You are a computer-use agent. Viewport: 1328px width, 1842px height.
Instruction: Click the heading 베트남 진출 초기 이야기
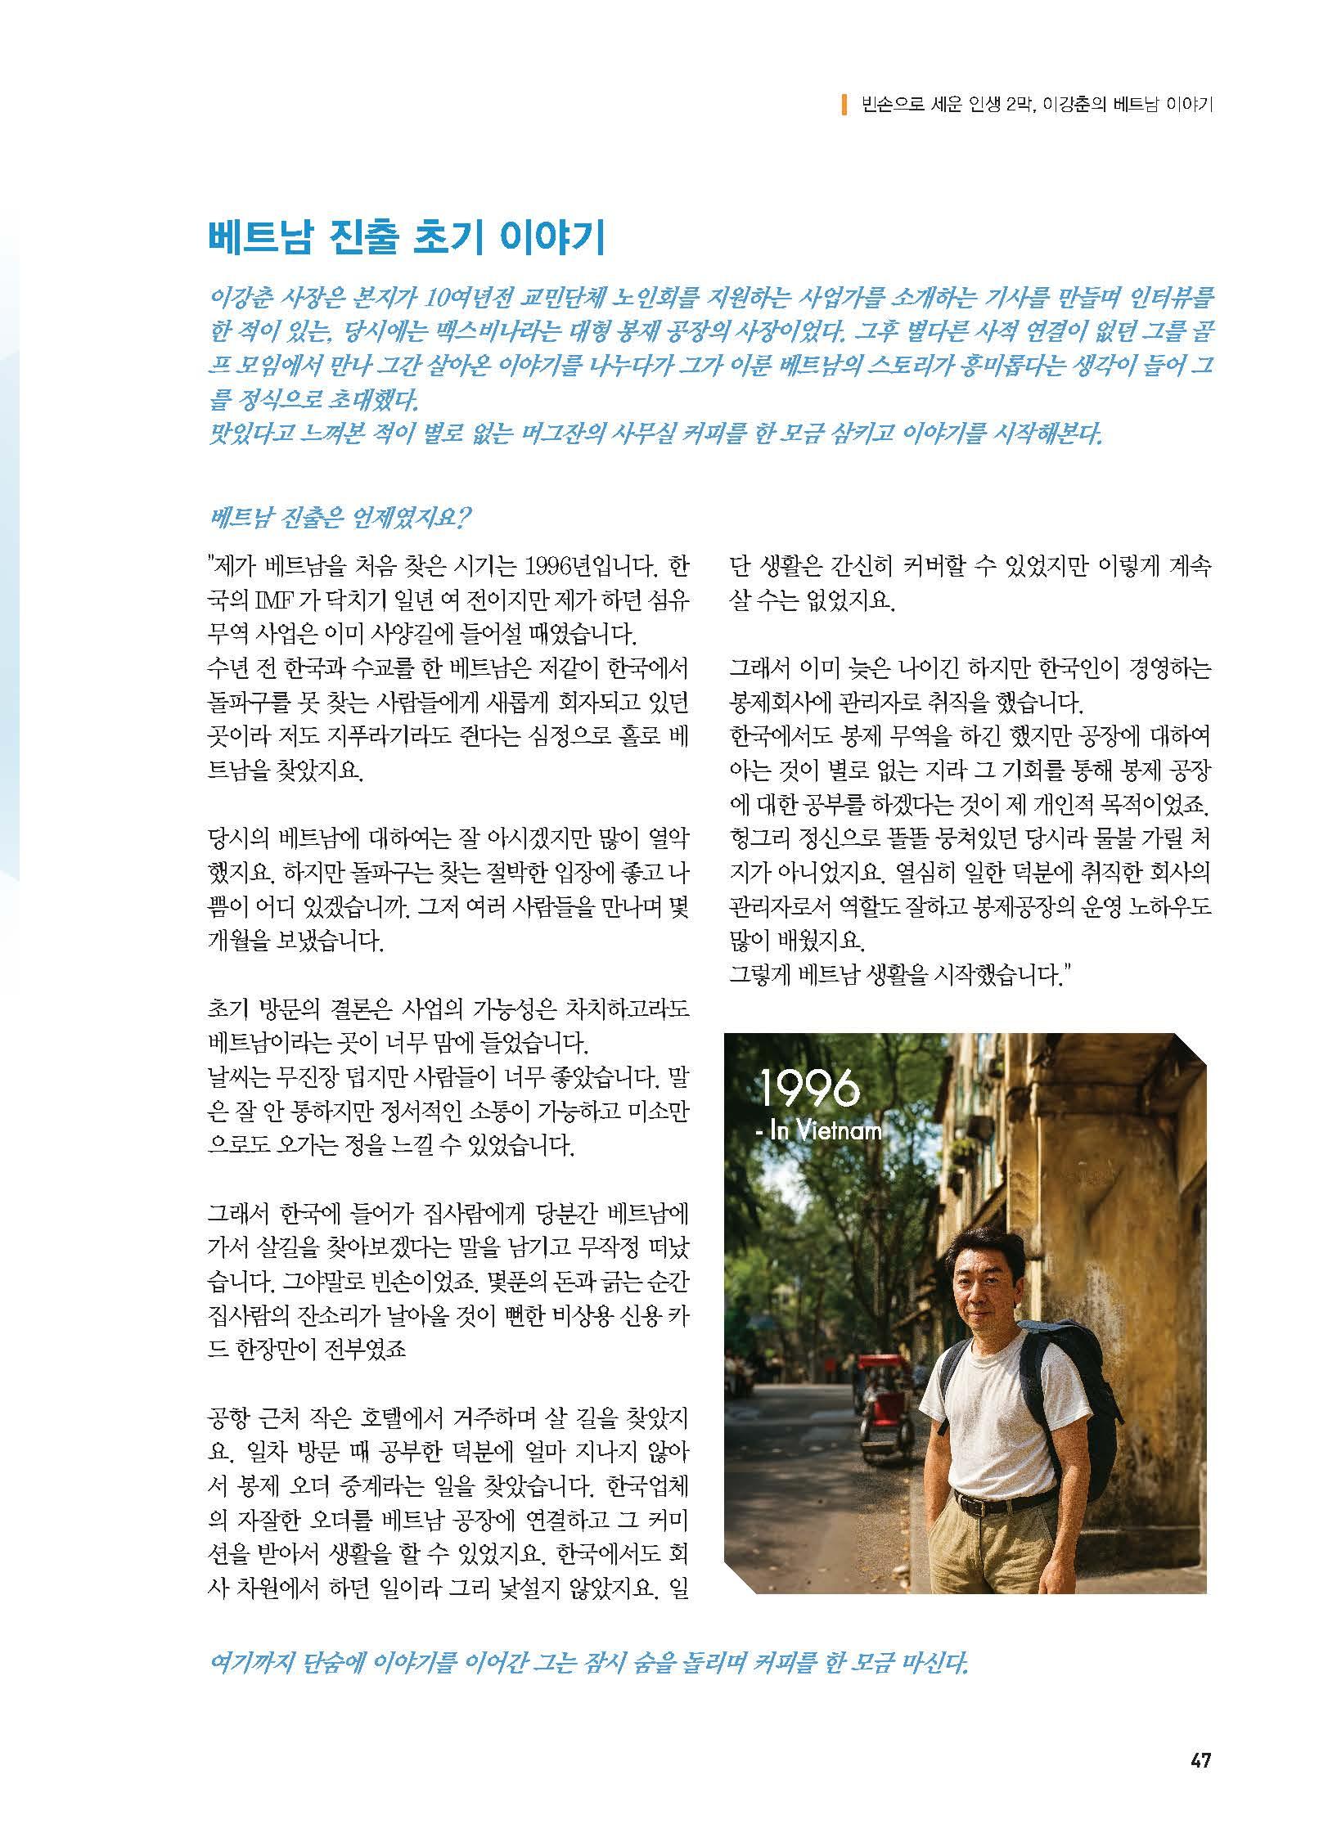click(x=406, y=239)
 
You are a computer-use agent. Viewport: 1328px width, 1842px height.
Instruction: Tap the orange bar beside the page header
click(x=844, y=104)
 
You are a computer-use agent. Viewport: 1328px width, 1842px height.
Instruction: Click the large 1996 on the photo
click(x=810, y=1089)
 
